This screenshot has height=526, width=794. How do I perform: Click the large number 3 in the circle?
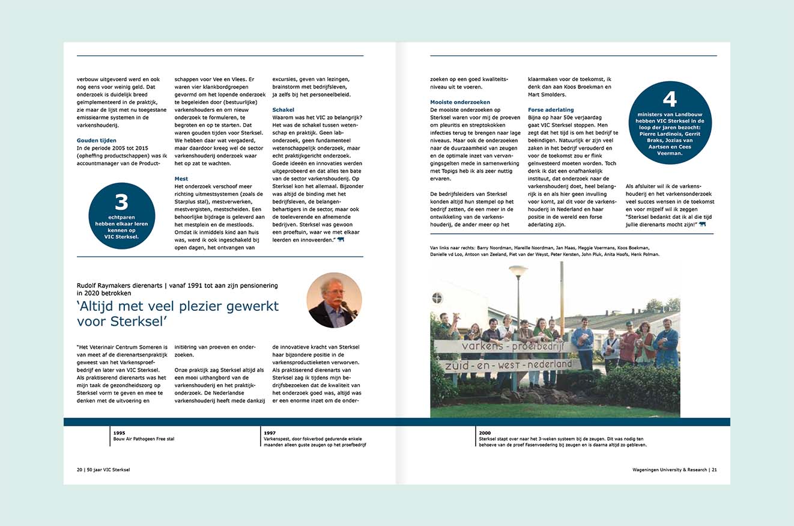coord(121,203)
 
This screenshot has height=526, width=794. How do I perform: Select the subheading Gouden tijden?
coord(97,140)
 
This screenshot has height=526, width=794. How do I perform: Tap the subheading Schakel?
coord(283,110)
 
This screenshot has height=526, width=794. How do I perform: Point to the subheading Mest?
coord(181,179)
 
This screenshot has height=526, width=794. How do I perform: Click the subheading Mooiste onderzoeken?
coord(460,102)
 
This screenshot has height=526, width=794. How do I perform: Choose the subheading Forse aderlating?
coord(551,110)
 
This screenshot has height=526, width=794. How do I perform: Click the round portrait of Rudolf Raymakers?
coord(334,299)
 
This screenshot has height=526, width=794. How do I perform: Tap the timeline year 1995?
coord(119,433)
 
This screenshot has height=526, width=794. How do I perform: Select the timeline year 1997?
coord(269,433)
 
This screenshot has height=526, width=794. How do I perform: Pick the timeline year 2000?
coord(485,433)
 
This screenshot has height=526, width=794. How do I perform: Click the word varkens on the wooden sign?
coord(483,347)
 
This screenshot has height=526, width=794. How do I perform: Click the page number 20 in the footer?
coord(80,469)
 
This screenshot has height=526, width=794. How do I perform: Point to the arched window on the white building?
coord(437,298)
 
